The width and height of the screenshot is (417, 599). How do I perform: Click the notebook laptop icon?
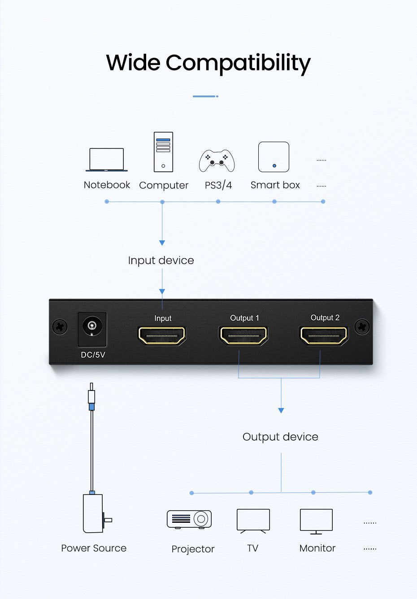click(107, 160)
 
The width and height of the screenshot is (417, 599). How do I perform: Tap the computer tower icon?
click(163, 152)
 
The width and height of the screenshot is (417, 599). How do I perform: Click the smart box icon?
click(274, 157)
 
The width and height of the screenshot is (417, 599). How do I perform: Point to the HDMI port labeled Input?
click(162, 335)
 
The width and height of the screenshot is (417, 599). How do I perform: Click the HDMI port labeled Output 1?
click(243, 335)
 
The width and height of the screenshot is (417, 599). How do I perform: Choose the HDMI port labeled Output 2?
click(324, 335)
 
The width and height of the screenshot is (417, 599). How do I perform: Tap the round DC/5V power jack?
click(92, 326)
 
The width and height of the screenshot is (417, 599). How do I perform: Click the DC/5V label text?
click(93, 355)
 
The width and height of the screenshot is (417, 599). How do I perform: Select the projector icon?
click(189, 519)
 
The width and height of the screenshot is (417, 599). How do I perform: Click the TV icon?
click(253, 521)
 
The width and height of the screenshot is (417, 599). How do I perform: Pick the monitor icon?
click(316, 521)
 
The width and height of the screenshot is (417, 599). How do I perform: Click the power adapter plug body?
click(93, 513)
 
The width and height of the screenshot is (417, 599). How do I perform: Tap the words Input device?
click(161, 260)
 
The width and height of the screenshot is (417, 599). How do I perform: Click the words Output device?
click(280, 437)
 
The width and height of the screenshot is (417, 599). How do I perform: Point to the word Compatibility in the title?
click(238, 63)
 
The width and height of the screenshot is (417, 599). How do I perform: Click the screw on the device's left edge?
click(60, 327)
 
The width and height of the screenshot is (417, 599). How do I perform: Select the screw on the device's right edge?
click(362, 327)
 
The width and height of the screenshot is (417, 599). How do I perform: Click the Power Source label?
click(94, 548)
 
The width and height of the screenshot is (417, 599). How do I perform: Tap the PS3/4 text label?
click(218, 185)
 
